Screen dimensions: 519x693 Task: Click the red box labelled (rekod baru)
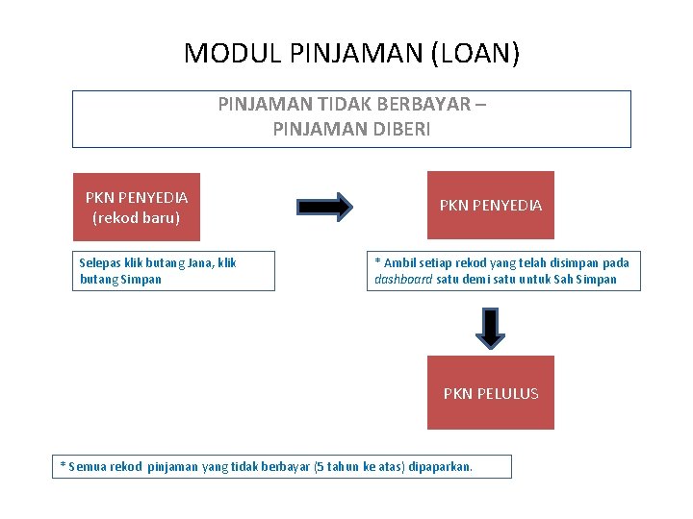(x=137, y=206)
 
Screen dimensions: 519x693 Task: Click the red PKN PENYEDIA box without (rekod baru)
(x=491, y=205)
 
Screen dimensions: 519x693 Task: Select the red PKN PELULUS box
(x=491, y=392)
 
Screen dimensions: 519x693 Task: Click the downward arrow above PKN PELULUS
(x=491, y=328)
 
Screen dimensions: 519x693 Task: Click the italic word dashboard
(x=403, y=280)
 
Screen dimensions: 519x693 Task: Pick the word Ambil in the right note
(x=398, y=262)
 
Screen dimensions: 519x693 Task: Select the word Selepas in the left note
(x=100, y=262)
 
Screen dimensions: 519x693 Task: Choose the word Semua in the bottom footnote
(x=88, y=467)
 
